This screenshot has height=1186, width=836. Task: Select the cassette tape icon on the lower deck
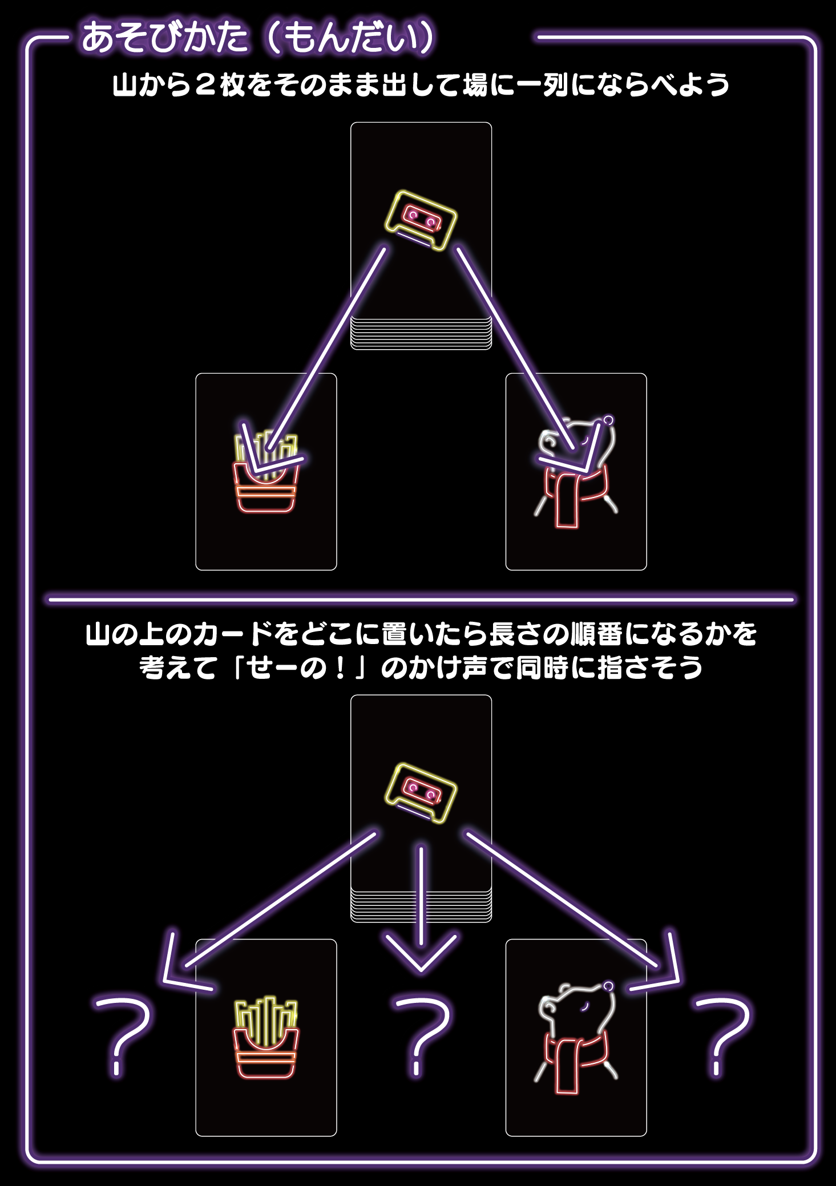coord(421,792)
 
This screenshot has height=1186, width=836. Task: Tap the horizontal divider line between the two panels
coord(421,600)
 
